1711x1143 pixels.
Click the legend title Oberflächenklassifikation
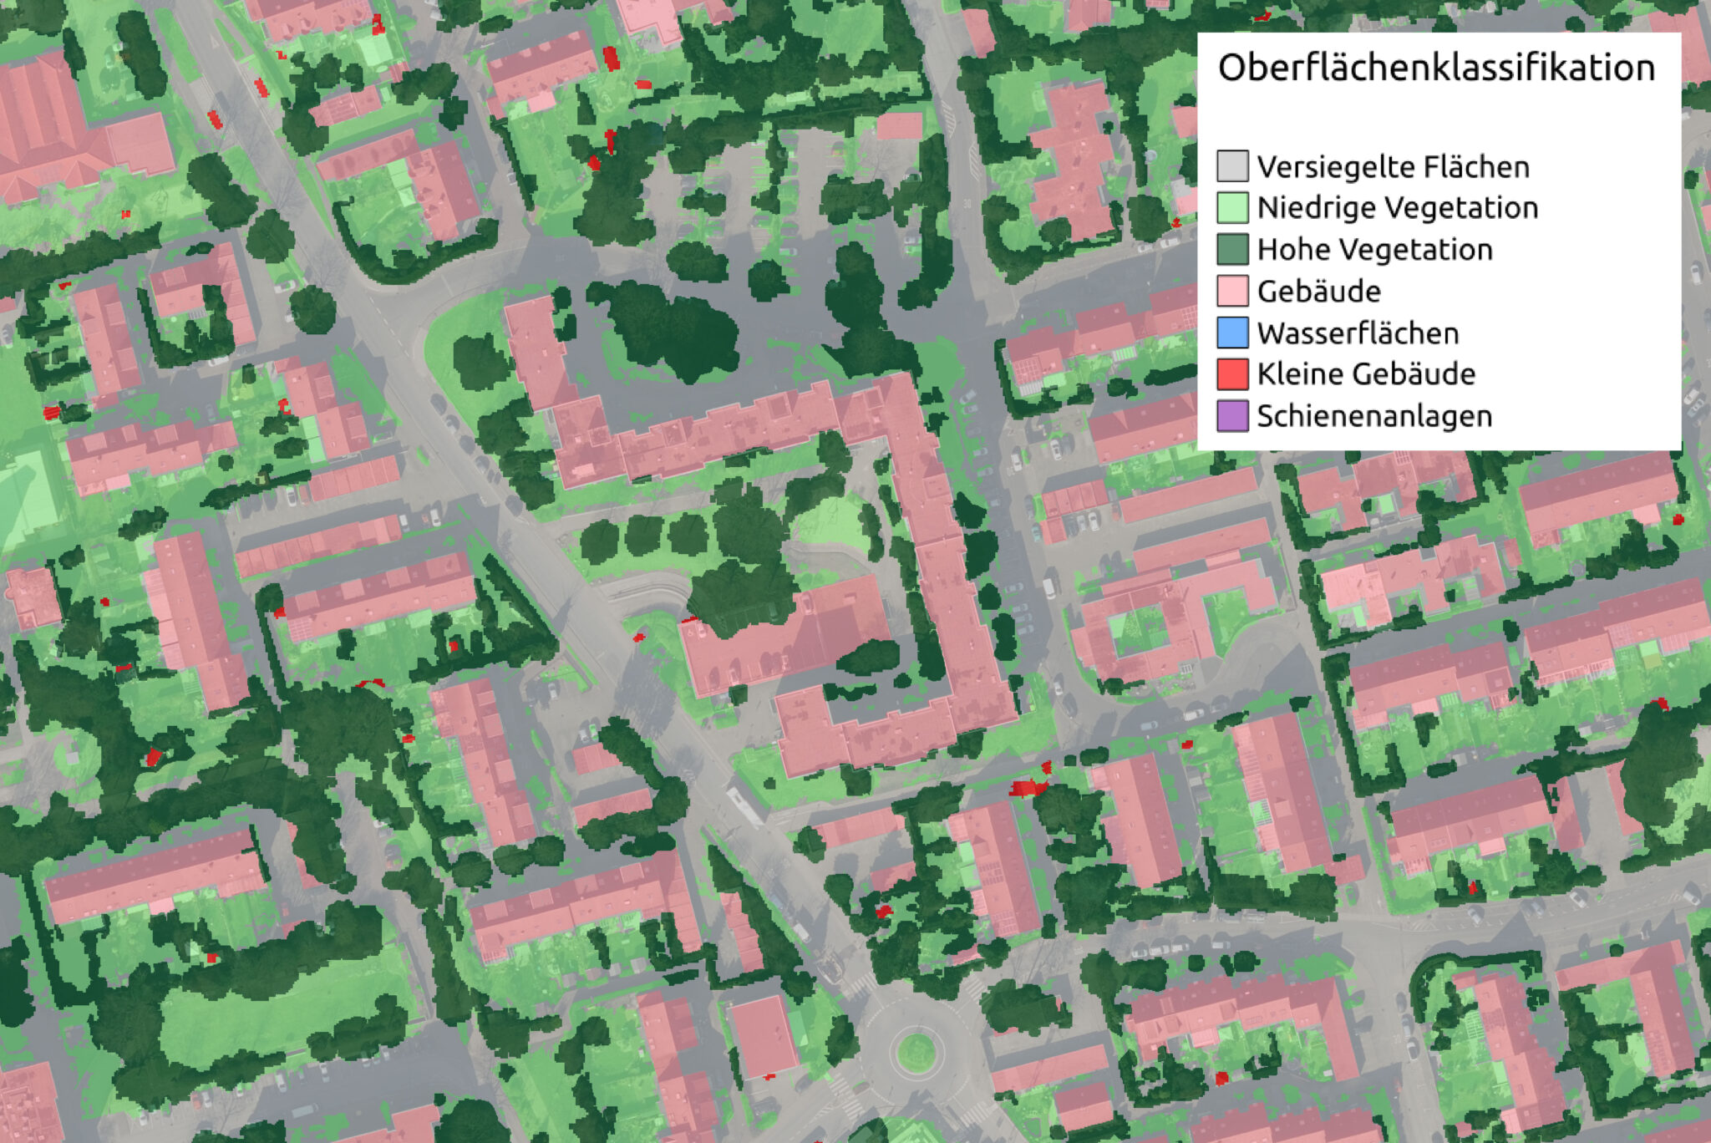tap(1436, 68)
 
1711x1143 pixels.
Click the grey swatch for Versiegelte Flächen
tap(1232, 166)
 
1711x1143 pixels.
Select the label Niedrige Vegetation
tap(1397, 208)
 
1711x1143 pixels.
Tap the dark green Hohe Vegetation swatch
tap(1232, 249)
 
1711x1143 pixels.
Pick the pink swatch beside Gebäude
tap(1232, 291)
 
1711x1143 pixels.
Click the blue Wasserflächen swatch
tap(1232, 333)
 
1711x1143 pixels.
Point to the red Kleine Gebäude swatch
tap(1232, 373)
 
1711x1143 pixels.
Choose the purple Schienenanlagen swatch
tap(1232, 415)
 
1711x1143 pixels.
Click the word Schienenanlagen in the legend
tap(1374, 416)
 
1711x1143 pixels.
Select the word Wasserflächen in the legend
tap(1358, 333)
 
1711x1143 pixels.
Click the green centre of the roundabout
tap(916, 1051)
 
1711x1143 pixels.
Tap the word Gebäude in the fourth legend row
tap(1318, 292)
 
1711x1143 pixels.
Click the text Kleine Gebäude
tap(1366, 374)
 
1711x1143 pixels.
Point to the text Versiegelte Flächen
tap(1393, 167)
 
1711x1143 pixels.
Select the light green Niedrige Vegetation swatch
tap(1232, 207)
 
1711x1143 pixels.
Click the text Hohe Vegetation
tap(1374, 250)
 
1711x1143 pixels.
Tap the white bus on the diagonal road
tap(744, 804)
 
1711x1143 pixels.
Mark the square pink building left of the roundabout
tap(762, 1036)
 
